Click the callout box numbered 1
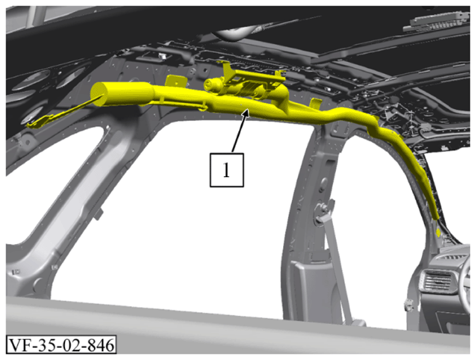coord(226,170)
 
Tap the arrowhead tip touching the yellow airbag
coord(248,110)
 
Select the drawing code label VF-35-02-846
coord(61,344)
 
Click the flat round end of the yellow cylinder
coord(100,95)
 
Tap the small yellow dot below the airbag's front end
coord(438,233)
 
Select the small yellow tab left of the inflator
coord(175,81)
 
